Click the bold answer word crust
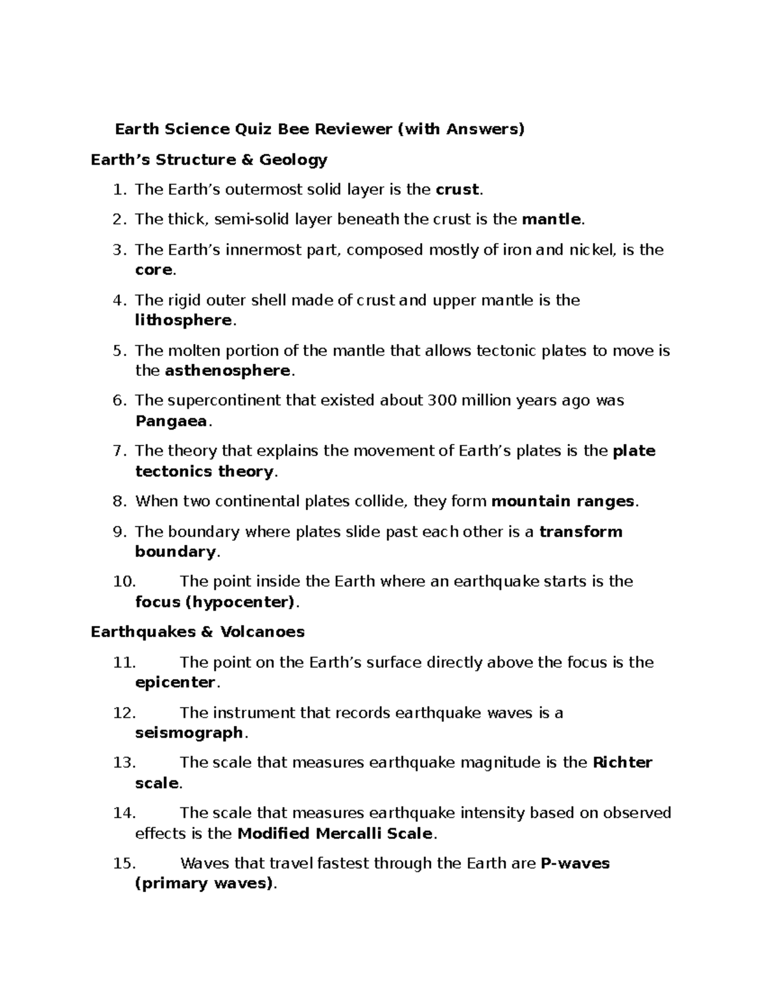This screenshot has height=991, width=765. pyautogui.click(x=456, y=190)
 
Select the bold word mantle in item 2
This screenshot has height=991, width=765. pyautogui.click(x=551, y=220)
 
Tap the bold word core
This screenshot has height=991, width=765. pyautogui.click(x=154, y=270)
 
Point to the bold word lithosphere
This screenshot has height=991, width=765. pyautogui.click(x=183, y=320)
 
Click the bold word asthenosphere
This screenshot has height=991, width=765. pyautogui.click(x=228, y=371)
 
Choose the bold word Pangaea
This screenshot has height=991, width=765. pyautogui.click(x=171, y=421)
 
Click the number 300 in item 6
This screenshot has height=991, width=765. pyautogui.click(x=442, y=401)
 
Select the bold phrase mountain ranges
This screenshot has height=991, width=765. pyautogui.click(x=563, y=502)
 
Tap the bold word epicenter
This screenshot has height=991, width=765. pyautogui.click(x=175, y=683)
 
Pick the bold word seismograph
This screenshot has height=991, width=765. pyautogui.click(x=189, y=733)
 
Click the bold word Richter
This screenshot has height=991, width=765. pyautogui.click(x=622, y=763)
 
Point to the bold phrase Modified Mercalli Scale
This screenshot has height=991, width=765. pyautogui.click(x=335, y=834)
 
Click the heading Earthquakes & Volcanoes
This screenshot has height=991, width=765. pyautogui.click(x=198, y=632)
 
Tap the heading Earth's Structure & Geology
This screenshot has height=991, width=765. pyautogui.click(x=209, y=160)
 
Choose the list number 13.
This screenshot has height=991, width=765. pyautogui.click(x=123, y=763)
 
